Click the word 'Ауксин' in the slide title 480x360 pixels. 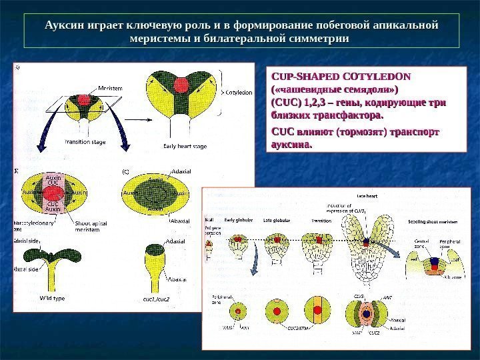[61, 25]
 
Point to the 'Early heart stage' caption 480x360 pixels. [185, 145]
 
